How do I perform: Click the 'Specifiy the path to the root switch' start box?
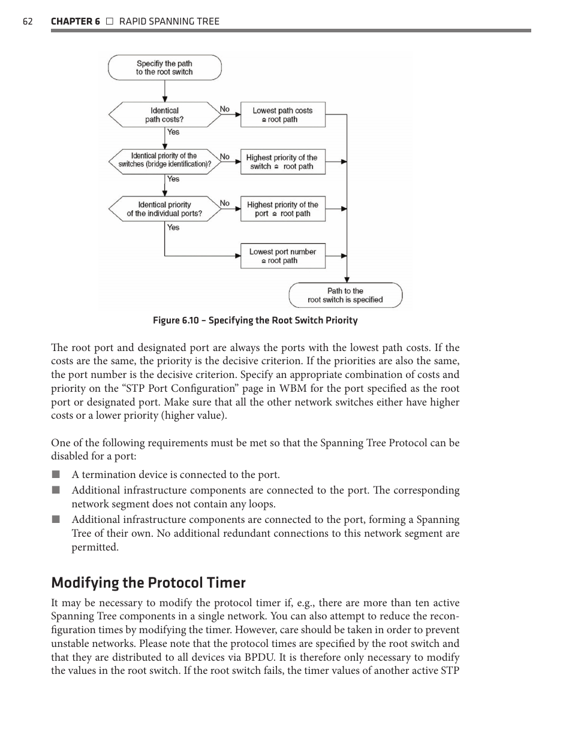[x=164, y=68]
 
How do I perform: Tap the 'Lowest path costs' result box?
[x=282, y=115]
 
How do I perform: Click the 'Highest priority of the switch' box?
[x=282, y=162]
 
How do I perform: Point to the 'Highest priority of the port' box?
[x=282, y=209]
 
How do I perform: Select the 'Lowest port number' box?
[x=282, y=256]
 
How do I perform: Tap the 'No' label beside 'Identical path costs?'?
[x=224, y=109]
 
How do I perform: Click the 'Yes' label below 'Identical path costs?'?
[x=173, y=132]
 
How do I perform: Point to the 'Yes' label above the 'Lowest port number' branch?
[x=173, y=228]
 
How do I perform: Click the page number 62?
[x=28, y=22]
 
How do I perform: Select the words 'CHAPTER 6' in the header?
[x=76, y=22]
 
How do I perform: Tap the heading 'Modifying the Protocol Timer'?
[x=148, y=582]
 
